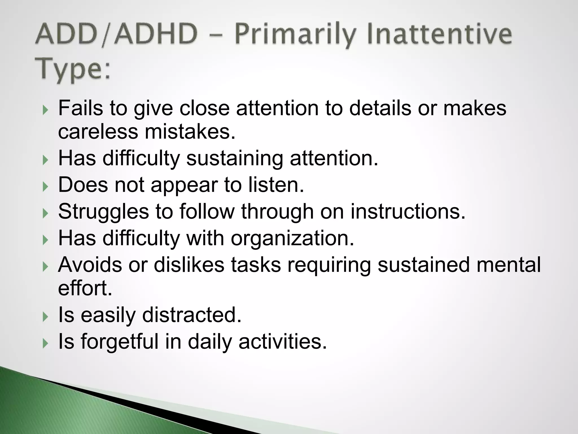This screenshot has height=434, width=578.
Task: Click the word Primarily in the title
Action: pos(294,35)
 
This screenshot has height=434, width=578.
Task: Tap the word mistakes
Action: pos(190,132)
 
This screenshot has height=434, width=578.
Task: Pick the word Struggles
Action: pos(103,212)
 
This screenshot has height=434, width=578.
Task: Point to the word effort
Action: pos(85,288)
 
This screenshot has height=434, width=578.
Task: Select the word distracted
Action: pos(192,315)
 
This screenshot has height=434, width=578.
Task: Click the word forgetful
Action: pos(120,341)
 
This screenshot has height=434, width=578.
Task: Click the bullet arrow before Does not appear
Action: pos(45,187)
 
